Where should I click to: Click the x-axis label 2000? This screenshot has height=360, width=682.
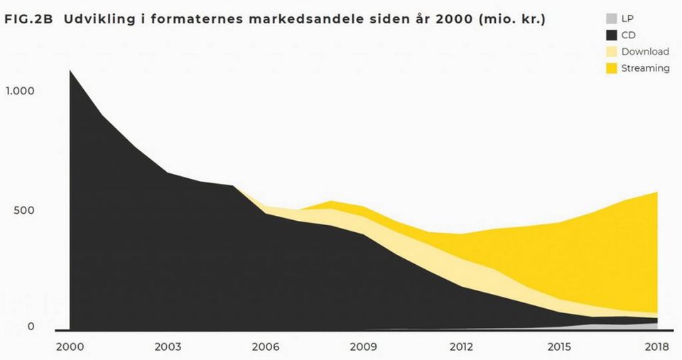click(70, 347)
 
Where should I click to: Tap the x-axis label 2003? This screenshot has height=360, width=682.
click(168, 347)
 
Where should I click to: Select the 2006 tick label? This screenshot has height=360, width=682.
click(265, 347)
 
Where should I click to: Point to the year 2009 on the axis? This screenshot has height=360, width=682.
click(363, 347)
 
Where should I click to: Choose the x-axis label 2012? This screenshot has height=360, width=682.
click(461, 347)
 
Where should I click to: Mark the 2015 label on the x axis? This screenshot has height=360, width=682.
click(559, 347)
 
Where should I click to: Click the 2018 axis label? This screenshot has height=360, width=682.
click(656, 347)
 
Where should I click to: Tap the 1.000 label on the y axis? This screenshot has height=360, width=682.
click(19, 91)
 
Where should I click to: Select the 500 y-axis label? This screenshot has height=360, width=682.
click(23, 210)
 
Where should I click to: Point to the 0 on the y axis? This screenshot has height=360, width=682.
click(31, 327)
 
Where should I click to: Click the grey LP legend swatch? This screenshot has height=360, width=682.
click(612, 18)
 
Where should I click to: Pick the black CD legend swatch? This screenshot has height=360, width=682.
click(612, 36)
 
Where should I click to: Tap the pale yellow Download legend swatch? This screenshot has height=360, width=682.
click(612, 52)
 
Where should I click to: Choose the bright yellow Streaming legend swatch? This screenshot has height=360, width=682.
click(612, 68)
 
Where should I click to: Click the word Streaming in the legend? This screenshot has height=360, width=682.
click(646, 68)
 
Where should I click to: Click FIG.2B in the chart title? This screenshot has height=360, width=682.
click(28, 20)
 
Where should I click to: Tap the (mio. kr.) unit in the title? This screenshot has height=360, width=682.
click(511, 20)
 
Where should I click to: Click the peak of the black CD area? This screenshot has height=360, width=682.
click(70, 70)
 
